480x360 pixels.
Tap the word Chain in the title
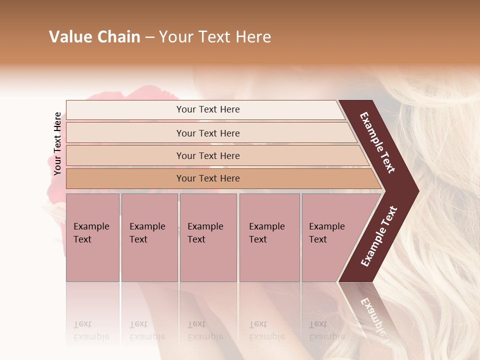click(x=118, y=37)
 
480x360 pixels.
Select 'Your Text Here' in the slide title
click(x=215, y=37)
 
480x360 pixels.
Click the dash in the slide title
click(x=149, y=37)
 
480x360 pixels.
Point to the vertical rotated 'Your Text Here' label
click(x=57, y=143)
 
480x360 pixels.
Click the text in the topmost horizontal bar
click(x=208, y=109)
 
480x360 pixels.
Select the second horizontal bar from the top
click(x=208, y=133)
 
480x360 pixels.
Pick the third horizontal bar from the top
click(x=208, y=155)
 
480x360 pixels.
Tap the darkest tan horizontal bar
click(x=208, y=178)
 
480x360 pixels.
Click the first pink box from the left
click(x=92, y=237)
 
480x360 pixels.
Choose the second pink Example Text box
click(x=149, y=237)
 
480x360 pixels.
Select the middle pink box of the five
click(x=208, y=237)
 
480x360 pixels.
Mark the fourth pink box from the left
click(x=269, y=237)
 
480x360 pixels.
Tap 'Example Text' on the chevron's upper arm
click(x=377, y=142)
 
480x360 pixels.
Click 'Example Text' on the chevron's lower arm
click(x=379, y=236)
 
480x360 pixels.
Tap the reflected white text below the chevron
click(x=372, y=315)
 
